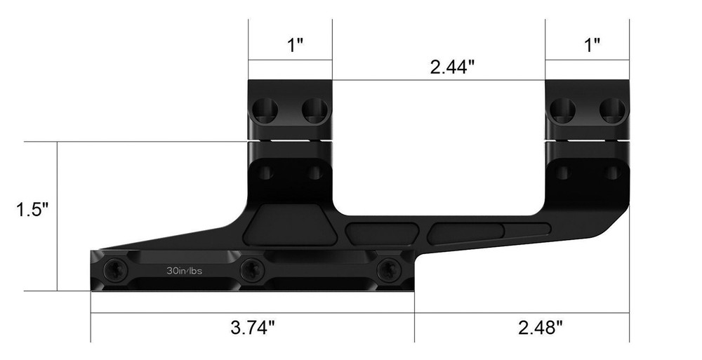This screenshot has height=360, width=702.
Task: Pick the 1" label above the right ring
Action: pos(592,46)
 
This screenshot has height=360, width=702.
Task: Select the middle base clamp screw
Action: pos(251,269)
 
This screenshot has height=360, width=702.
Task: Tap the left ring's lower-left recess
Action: pos(265,171)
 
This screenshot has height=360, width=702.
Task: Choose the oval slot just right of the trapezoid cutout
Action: pos(382,231)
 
